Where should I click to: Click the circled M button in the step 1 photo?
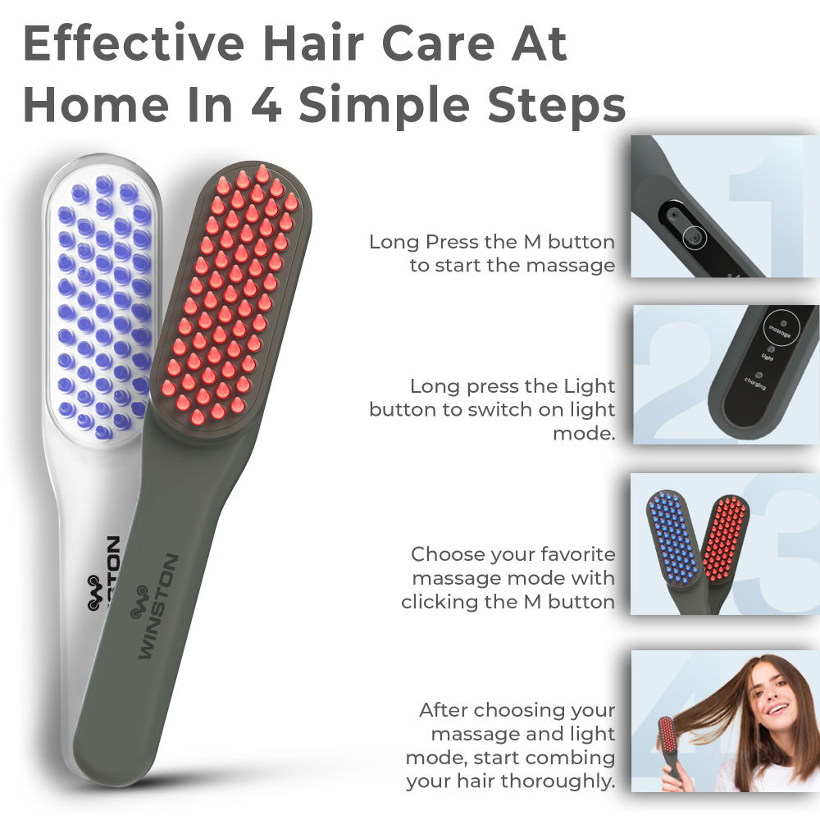[x=694, y=236]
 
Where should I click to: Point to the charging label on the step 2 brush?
[x=755, y=382]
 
